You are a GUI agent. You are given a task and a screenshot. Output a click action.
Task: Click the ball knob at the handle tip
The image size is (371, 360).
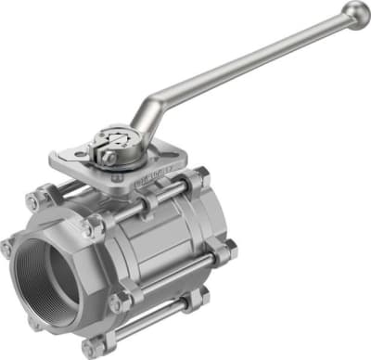354,14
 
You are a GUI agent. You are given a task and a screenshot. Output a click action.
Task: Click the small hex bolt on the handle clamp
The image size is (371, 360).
109,158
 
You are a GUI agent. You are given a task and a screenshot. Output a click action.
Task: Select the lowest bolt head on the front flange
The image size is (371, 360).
90,347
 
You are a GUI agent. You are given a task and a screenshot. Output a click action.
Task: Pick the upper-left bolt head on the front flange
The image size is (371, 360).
32,201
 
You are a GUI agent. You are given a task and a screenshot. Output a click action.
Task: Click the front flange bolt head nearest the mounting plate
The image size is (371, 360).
90,225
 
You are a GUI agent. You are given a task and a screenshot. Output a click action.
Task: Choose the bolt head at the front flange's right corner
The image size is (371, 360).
120,302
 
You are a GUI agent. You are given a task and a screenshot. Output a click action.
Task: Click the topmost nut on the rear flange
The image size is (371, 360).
199,177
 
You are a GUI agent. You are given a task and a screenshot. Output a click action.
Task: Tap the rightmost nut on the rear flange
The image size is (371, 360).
226,250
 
